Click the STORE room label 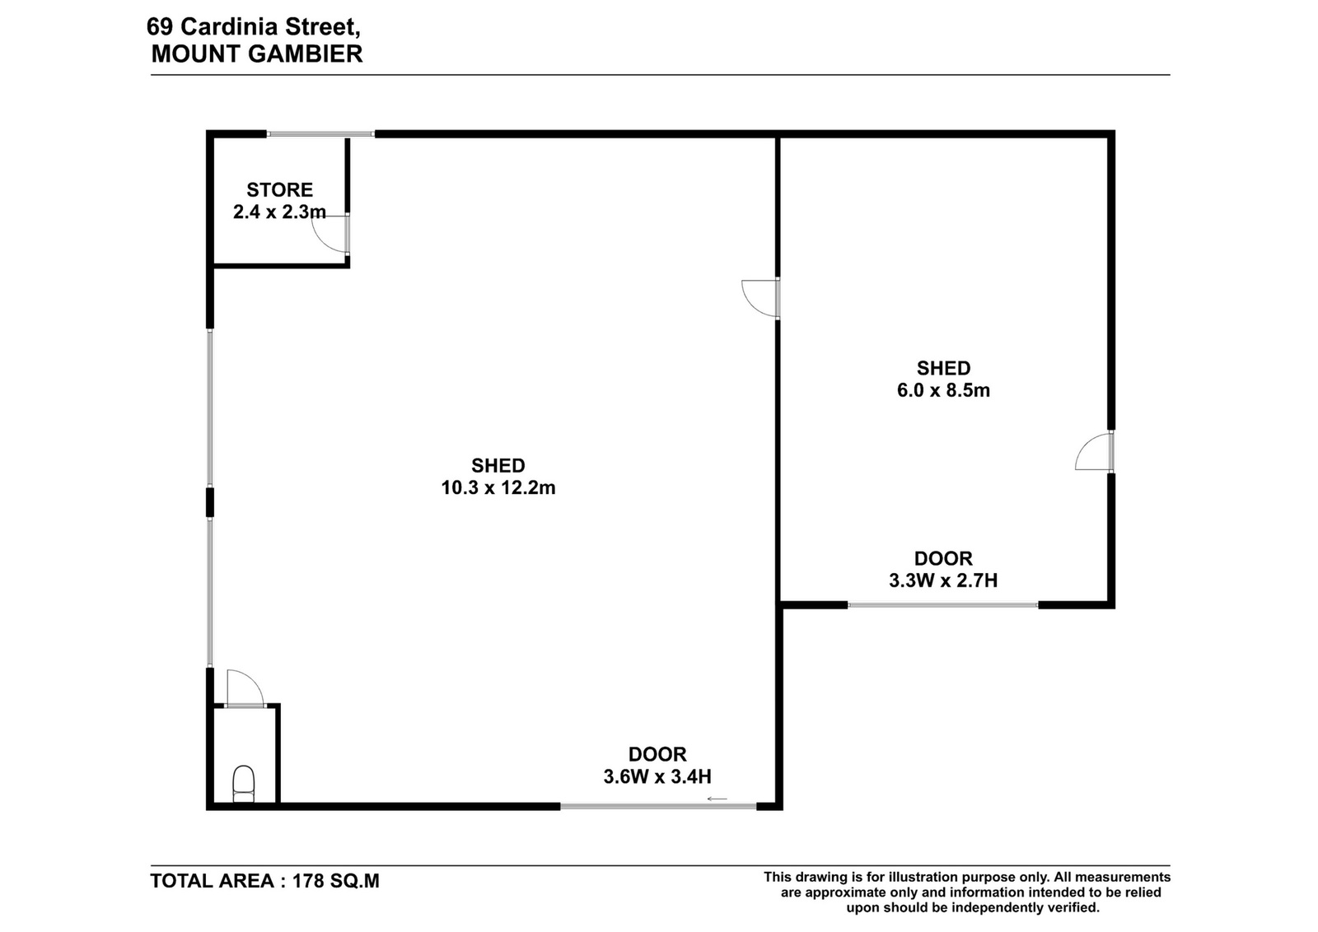(x=279, y=190)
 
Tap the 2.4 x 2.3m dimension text (x=279, y=212)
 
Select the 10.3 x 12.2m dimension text (x=498, y=487)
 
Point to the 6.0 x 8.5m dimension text (x=943, y=390)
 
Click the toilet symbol (x=244, y=783)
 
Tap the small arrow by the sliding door (x=717, y=799)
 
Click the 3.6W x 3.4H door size (x=657, y=776)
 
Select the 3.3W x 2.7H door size (x=943, y=580)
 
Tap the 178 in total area (x=308, y=881)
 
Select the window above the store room (x=320, y=134)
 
